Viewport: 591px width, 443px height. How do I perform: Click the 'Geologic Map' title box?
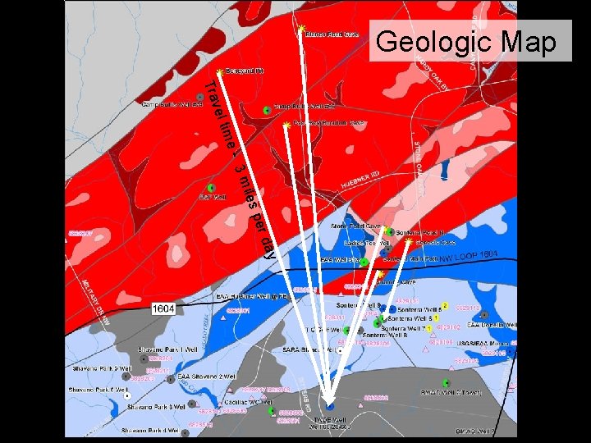(471, 41)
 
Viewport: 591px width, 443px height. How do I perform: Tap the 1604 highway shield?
(163, 308)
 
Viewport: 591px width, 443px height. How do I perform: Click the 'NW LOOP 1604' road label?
(468, 258)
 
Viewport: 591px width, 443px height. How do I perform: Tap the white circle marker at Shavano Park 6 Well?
(127, 395)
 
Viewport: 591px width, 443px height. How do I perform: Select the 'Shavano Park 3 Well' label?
(157, 407)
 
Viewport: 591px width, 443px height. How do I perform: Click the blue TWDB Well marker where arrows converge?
(330, 406)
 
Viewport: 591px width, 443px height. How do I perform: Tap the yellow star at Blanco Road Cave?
(301, 29)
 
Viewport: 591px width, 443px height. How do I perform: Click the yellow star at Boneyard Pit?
(219, 71)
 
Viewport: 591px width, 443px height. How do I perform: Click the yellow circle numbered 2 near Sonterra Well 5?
(444, 305)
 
